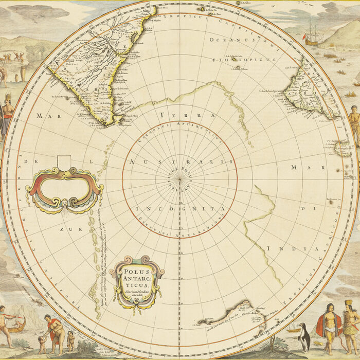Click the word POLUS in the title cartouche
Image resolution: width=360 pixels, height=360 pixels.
point(136,271)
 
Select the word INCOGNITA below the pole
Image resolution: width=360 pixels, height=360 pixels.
point(180,209)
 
